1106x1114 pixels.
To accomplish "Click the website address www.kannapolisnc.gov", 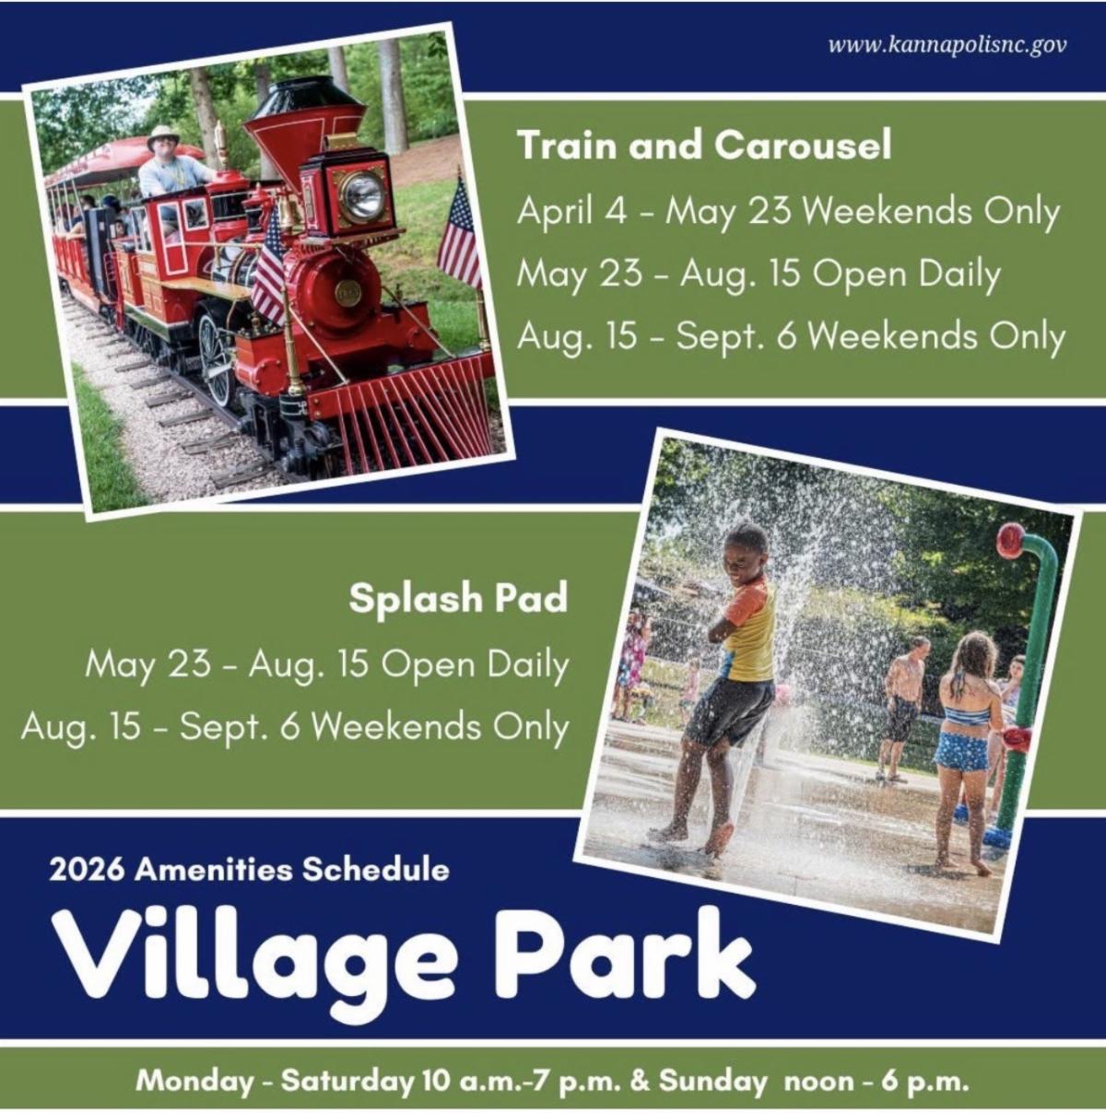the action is click(947, 45).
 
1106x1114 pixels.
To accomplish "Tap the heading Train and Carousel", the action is click(704, 145).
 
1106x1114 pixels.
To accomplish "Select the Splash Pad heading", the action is click(458, 598).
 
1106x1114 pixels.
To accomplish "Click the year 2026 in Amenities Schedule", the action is click(87, 870).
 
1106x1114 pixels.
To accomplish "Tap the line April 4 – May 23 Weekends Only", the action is click(788, 212).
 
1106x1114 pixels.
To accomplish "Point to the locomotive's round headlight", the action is click(361, 197).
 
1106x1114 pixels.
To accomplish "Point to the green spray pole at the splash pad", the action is click(1027, 682).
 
